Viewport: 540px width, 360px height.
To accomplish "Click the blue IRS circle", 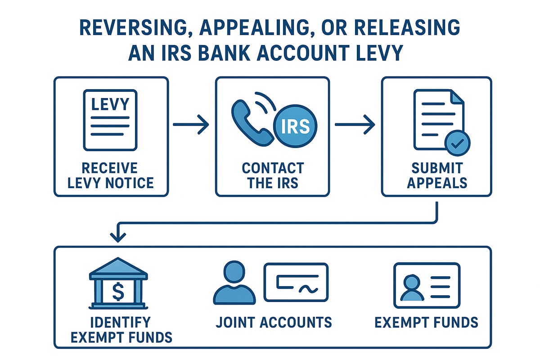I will pyautogui.click(x=295, y=127).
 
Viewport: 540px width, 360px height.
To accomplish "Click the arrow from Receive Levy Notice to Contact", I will pyautogui.click(x=191, y=126).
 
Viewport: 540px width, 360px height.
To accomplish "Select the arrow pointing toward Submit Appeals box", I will pyautogui.click(x=355, y=126).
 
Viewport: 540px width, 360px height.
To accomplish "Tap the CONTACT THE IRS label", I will pyautogui.click(x=273, y=175).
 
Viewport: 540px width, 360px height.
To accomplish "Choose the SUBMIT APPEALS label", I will pyautogui.click(x=436, y=175).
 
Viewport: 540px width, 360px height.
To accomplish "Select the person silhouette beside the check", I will pyautogui.click(x=234, y=283).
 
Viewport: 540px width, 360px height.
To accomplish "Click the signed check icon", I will pyautogui.click(x=296, y=282).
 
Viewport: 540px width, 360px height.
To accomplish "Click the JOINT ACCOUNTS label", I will pyautogui.click(x=274, y=322).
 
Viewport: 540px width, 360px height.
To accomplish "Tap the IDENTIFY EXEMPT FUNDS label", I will pyautogui.click(x=118, y=329).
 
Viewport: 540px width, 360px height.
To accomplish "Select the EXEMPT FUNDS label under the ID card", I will pyautogui.click(x=426, y=322).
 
